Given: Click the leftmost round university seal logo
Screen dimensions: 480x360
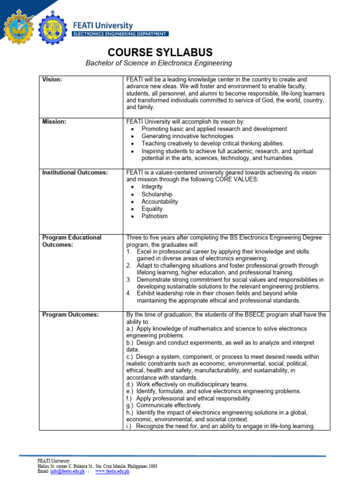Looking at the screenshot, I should (x=18, y=28).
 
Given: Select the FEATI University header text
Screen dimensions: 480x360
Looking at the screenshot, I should (x=102, y=26).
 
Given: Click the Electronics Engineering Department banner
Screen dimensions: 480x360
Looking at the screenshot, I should (x=120, y=34).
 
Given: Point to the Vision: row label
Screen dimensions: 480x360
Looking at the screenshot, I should (x=52, y=80).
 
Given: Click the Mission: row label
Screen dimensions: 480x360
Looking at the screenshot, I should (x=54, y=121).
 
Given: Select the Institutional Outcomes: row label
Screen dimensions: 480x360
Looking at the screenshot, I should (x=75, y=172).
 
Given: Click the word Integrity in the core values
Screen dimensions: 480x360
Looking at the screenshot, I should (x=152, y=187).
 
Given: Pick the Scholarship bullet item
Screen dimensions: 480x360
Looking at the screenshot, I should (x=157, y=194).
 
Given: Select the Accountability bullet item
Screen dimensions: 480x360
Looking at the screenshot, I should (x=159, y=202).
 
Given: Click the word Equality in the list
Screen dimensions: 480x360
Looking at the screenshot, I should (x=152, y=209).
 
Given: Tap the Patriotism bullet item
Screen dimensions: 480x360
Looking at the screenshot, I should (x=154, y=216).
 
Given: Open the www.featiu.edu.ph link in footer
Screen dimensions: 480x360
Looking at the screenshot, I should (x=112, y=471).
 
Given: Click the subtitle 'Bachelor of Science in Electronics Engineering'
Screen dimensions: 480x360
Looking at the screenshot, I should (x=158, y=63).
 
